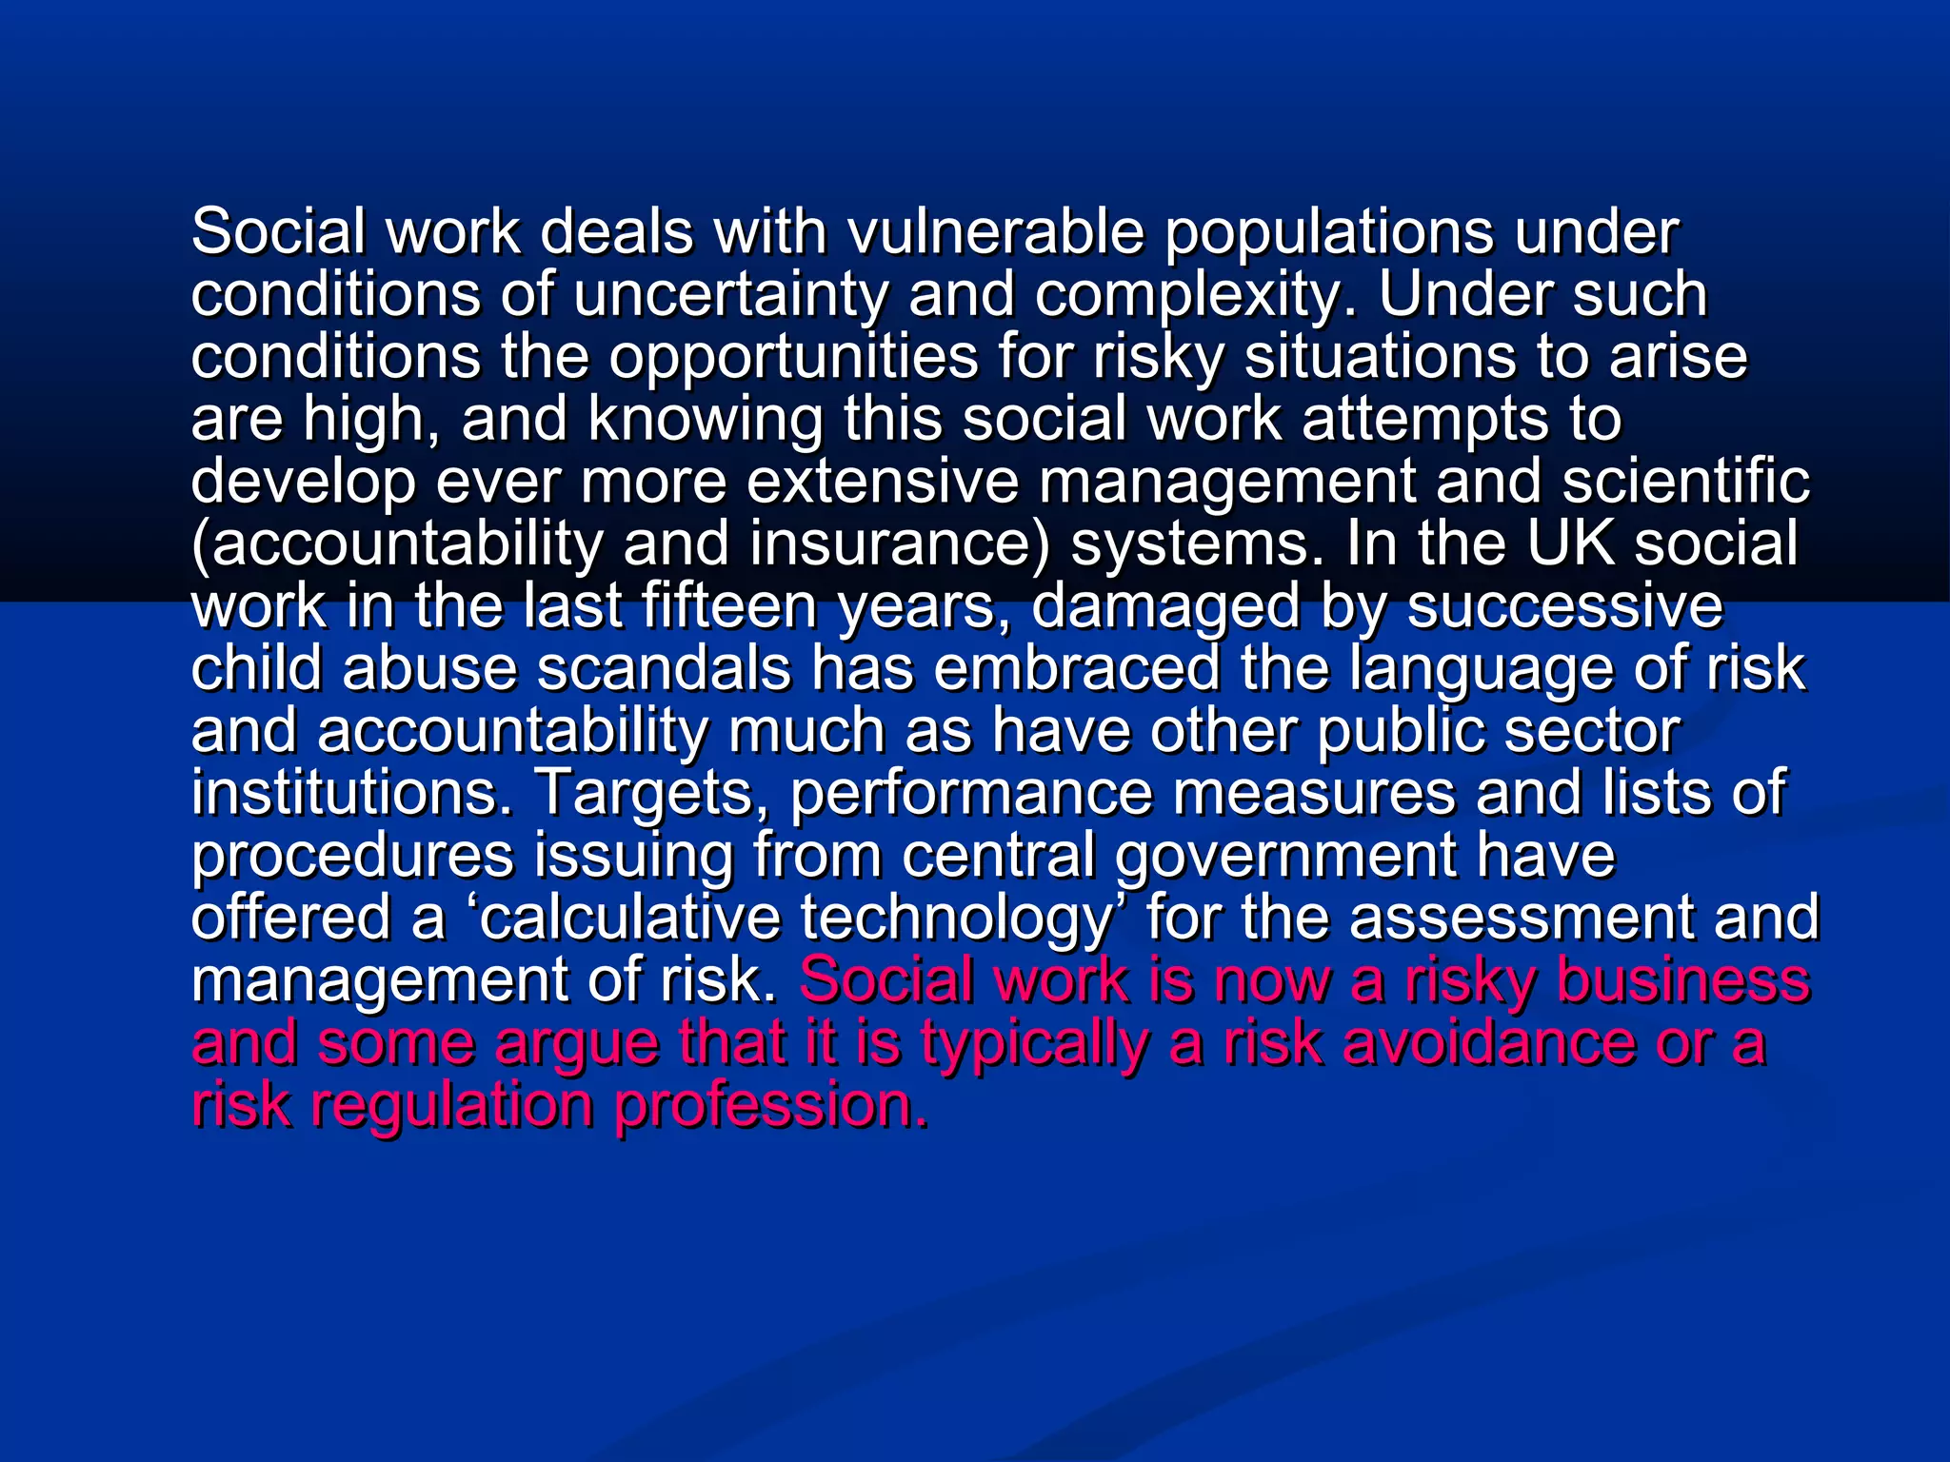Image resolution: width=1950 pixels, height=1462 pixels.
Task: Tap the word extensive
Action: click(x=882, y=482)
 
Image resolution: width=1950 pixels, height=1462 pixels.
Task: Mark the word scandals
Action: click(x=664, y=668)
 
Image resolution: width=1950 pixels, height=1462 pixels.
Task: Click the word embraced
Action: click(x=1076, y=668)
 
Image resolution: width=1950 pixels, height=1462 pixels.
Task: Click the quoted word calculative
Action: click(x=629, y=918)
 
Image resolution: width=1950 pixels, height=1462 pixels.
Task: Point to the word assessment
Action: click(x=1520, y=918)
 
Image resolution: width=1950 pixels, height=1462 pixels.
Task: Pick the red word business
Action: click(x=1682, y=980)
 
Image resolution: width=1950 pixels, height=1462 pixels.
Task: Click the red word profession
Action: click(x=770, y=1105)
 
